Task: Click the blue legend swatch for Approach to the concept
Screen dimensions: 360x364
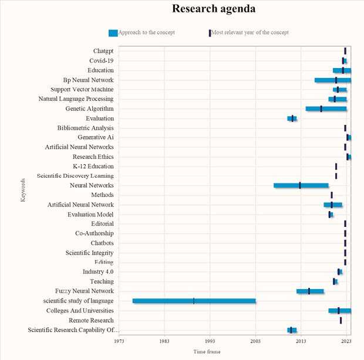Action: tap(113, 33)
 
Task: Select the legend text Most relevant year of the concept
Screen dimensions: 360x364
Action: tap(250, 32)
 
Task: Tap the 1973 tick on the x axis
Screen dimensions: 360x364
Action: tap(119, 340)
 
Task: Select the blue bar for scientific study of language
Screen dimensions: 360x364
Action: tap(194, 301)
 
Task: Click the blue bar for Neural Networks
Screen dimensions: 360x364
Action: tap(301, 185)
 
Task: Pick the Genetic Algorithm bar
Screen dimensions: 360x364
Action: tap(326, 108)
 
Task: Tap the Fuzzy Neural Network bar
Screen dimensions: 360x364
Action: tap(310, 291)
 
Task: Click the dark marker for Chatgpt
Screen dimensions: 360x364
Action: tap(345, 51)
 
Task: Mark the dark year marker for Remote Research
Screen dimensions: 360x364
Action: tap(341, 320)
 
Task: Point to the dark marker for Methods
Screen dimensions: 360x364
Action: tap(332, 195)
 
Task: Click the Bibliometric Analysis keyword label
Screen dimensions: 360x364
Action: tap(86, 128)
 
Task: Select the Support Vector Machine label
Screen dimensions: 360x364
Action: tap(82, 89)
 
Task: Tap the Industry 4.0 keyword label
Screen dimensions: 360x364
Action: tap(98, 271)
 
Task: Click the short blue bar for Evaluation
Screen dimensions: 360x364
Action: tap(292, 118)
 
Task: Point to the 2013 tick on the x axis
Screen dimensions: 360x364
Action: tap(301, 340)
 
